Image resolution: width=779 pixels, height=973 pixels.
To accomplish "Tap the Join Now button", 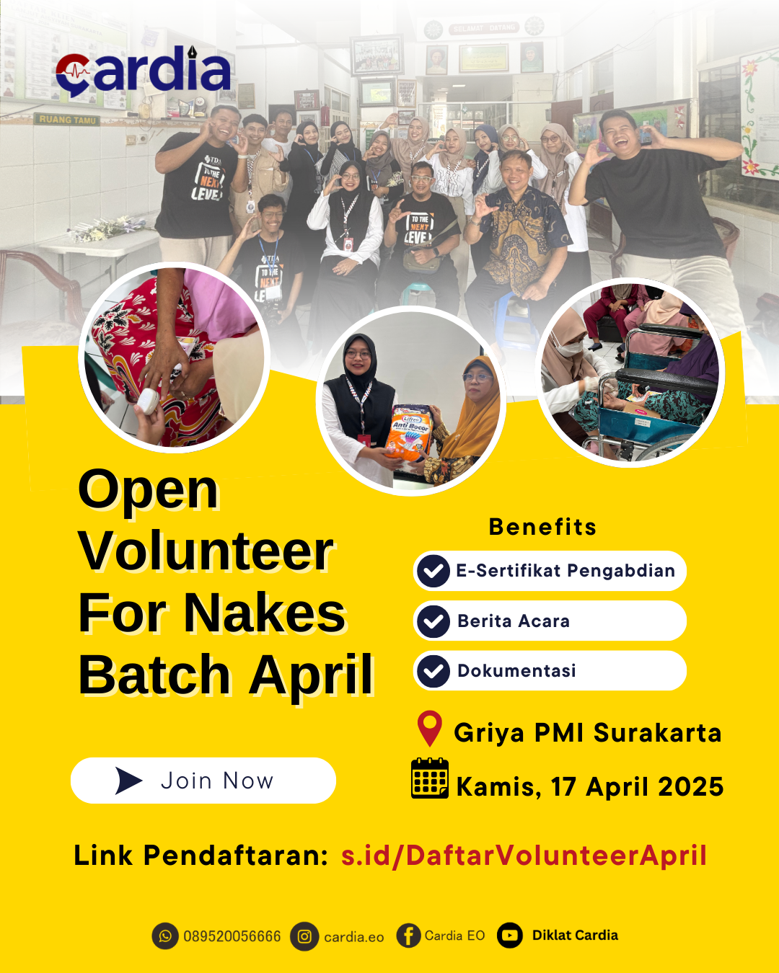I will tap(203, 781).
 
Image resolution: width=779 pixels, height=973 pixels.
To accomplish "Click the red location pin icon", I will tap(430, 728).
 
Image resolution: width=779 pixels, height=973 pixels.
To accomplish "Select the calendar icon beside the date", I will tap(430, 778).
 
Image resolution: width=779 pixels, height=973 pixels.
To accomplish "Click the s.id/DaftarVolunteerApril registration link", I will tap(524, 856).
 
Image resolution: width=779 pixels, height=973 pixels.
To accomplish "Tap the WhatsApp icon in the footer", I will tap(165, 936).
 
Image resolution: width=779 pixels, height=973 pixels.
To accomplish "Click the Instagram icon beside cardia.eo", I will tap(304, 936).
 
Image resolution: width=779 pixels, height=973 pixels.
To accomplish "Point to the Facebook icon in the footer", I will tap(408, 936).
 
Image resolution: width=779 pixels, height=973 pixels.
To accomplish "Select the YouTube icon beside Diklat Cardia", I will tap(510, 936).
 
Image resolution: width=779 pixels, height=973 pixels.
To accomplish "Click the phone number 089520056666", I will tap(232, 936).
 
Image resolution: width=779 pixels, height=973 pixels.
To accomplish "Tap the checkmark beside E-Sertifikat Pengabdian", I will tap(433, 572).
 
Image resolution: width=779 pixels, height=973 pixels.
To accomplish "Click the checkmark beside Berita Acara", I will tap(433, 621).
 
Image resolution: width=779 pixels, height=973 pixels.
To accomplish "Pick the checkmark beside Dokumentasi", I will tap(433, 671).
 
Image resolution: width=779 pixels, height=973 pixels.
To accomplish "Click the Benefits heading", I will tap(542, 527).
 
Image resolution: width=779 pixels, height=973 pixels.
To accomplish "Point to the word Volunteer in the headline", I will tap(206, 551).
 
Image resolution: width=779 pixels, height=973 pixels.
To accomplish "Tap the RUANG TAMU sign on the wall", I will tap(67, 120).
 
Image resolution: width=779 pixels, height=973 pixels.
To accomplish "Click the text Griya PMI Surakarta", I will tap(587, 733).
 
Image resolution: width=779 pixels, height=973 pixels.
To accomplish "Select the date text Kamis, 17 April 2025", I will tap(589, 786).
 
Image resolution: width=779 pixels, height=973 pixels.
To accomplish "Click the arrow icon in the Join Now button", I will tap(128, 781).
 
